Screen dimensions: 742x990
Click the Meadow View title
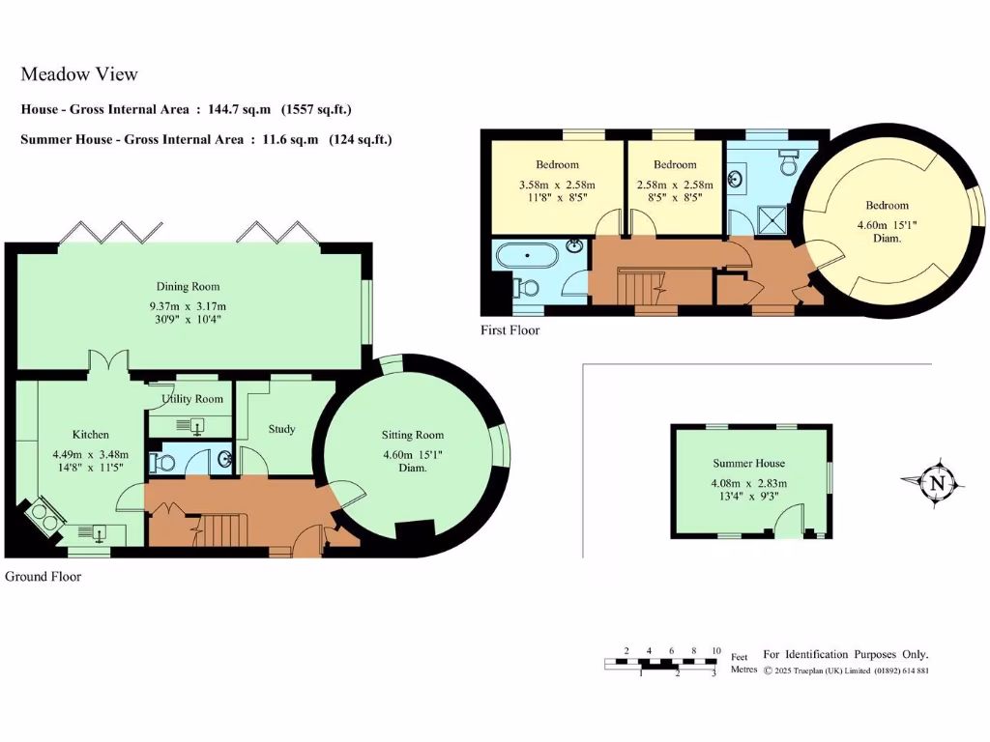point(79,74)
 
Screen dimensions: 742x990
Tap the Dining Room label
point(188,286)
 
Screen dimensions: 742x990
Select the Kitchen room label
point(91,435)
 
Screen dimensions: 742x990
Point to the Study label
point(281,429)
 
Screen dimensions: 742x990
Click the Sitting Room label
point(412,436)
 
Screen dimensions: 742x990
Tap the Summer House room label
point(749,464)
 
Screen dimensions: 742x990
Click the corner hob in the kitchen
point(43,519)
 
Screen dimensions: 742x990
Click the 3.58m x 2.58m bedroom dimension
point(557,185)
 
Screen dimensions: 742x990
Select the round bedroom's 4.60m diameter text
point(887,225)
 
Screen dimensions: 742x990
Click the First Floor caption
point(510,330)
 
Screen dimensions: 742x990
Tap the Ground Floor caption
point(43,577)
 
